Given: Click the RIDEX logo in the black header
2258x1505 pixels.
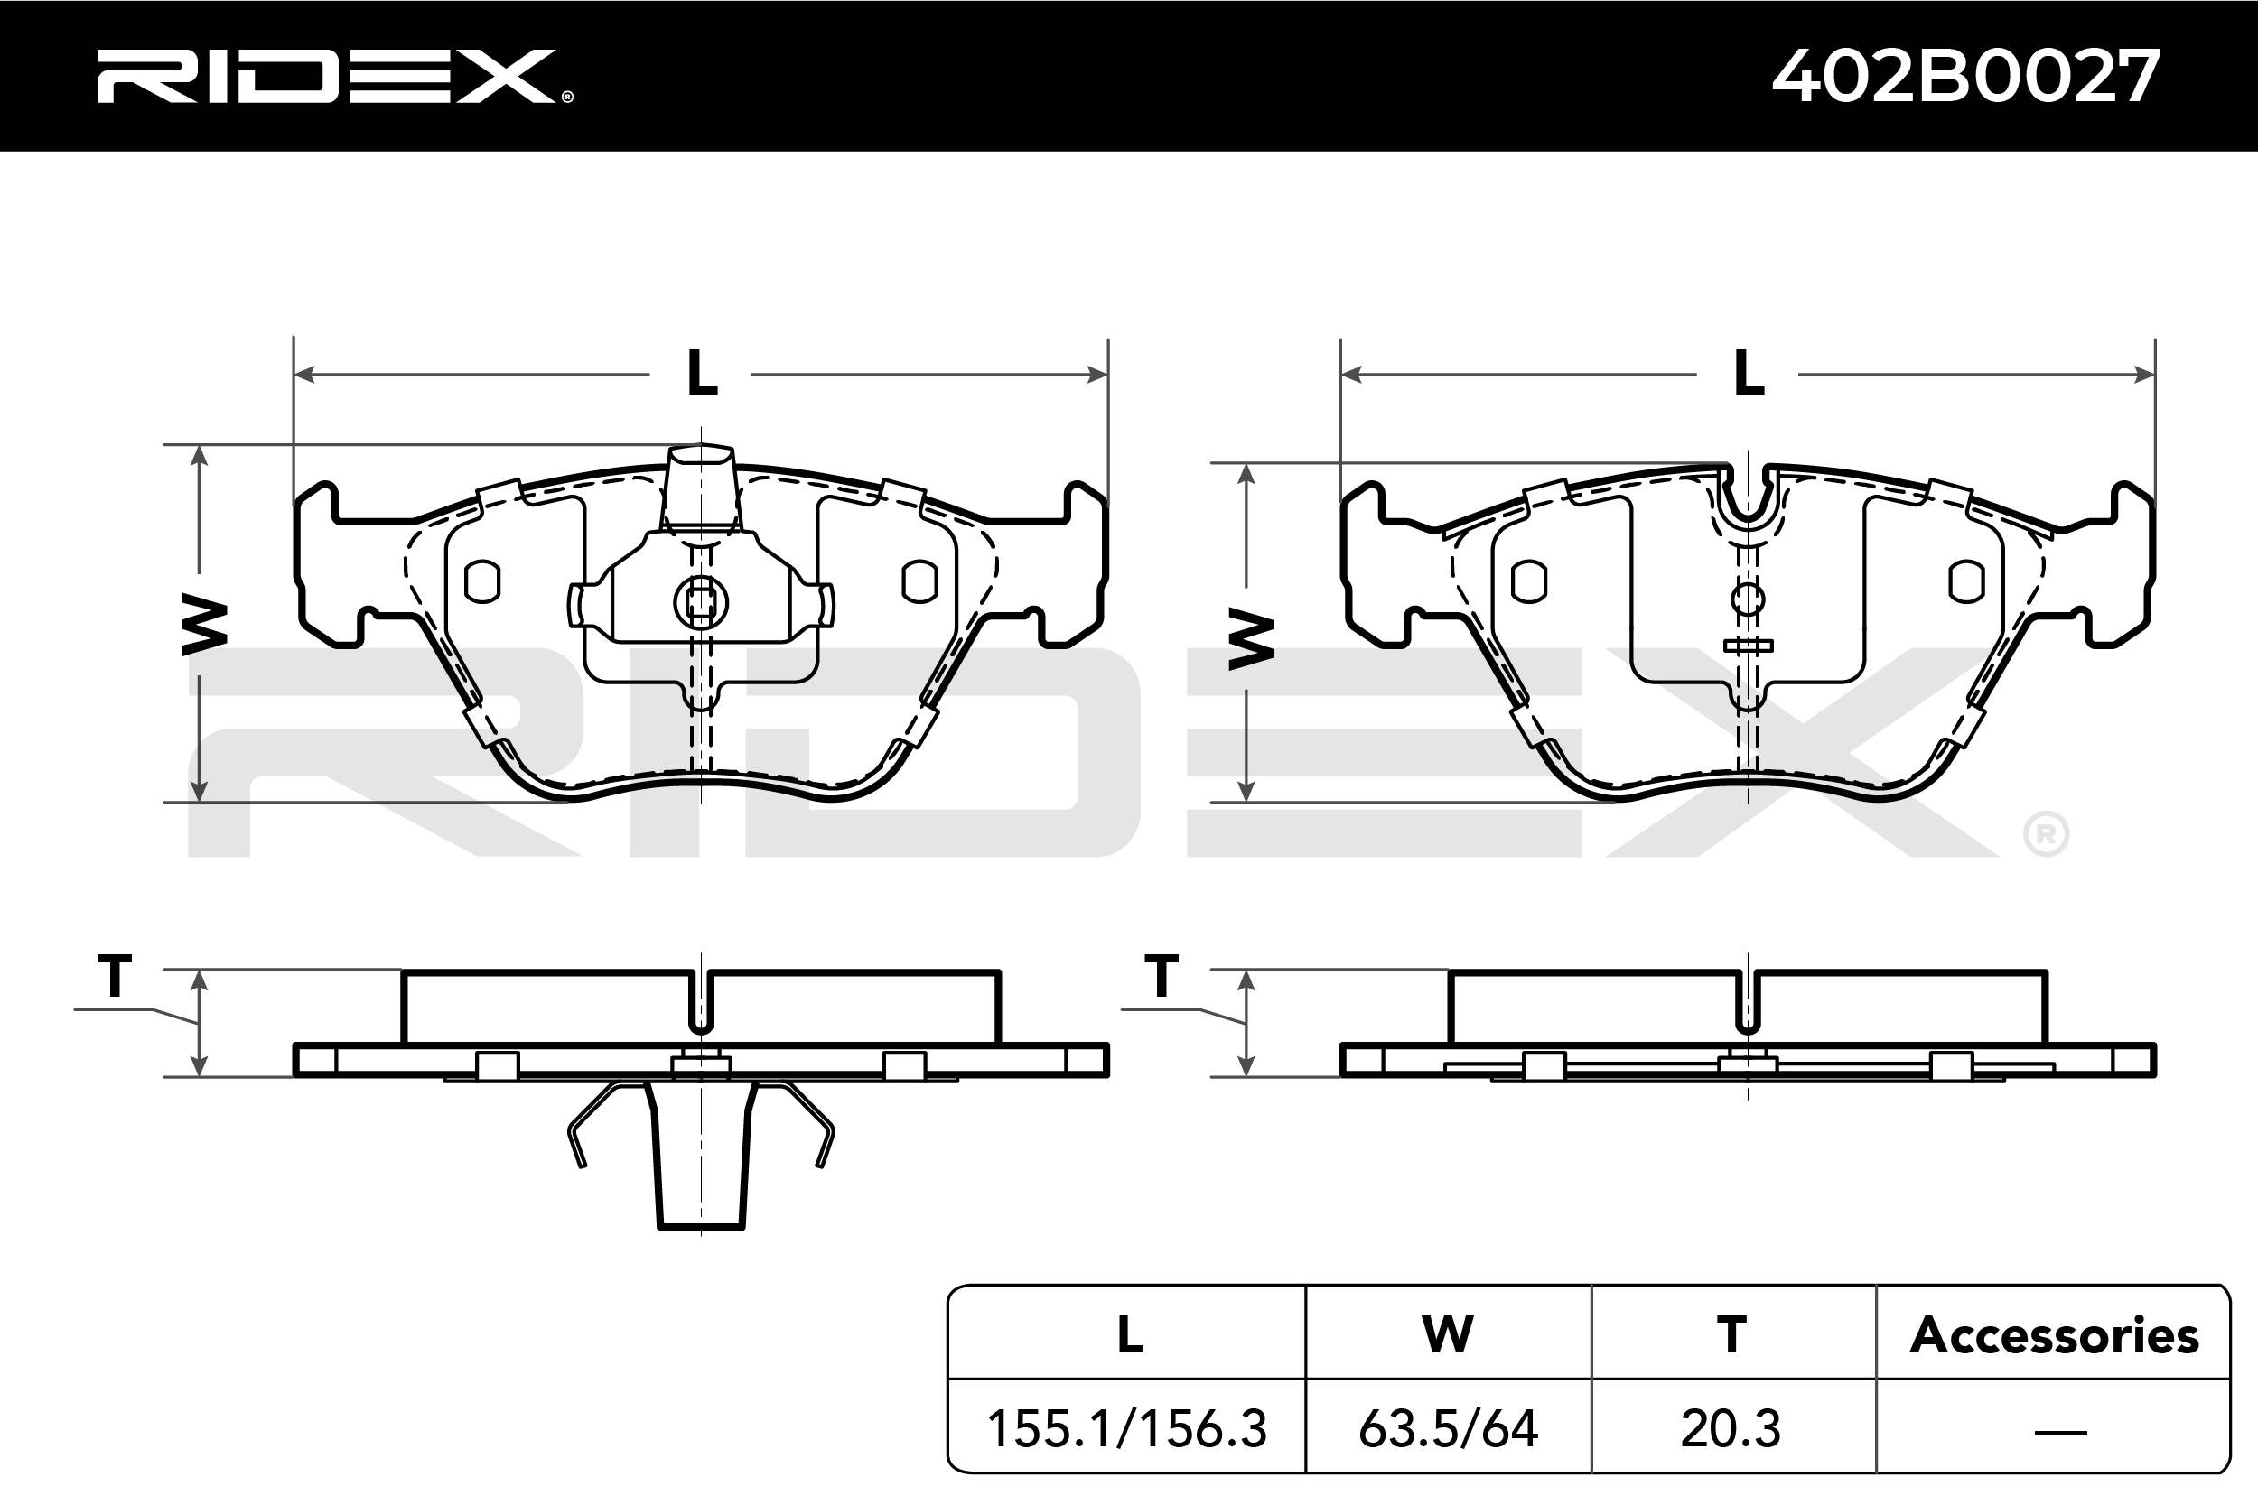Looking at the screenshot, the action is point(334,76).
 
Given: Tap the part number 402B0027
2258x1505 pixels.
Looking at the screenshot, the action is point(1966,76).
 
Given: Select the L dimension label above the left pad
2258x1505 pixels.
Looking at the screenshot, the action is point(702,374).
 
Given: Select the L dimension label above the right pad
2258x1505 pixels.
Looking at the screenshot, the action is point(1749,374).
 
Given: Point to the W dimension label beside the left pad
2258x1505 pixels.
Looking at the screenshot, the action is point(203,625).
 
